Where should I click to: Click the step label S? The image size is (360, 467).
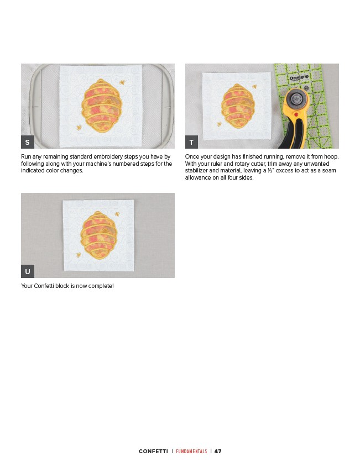tap(28, 142)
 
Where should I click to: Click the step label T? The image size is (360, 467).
tap(191, 142)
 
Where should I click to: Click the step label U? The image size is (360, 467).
tap(28, 271)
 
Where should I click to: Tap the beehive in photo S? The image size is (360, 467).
tap(102, 106)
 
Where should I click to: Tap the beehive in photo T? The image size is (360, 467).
tap(238, 106)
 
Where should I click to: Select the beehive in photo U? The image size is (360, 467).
tap(98, 235)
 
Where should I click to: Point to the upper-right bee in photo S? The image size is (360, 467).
tap(122, 82)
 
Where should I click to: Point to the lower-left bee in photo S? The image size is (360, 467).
tap(79, 128)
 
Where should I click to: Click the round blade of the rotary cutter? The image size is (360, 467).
tap(296, 98)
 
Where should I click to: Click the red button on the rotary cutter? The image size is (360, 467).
tap(296, 114)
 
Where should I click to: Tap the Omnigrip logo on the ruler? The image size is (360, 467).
tap(299, 77)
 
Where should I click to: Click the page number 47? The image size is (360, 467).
tap(218, 451)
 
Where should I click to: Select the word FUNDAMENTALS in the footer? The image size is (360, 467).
tap(191, 451)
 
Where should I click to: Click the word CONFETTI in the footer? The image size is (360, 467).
tap(153, 451)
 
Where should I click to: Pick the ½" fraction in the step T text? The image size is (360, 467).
tap(271, 170)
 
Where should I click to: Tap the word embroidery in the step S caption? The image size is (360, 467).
tap(108, 156)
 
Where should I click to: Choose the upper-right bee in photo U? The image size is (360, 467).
tap(117, 214)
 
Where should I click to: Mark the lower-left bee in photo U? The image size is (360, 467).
tap(79, 255)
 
